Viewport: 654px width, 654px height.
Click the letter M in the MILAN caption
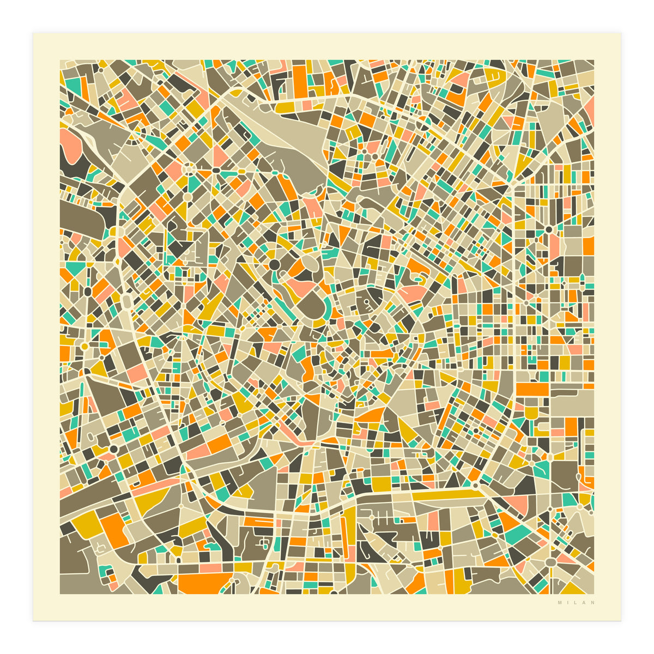pyautogui.click(x=560, y=603)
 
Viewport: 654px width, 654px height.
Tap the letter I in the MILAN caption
pyautogui.click(x=568, y=603)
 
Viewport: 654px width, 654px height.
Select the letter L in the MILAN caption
pyautogui.click(x=576, y=603)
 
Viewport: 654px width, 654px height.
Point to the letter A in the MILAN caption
pyautogui.click(x=584, y=603)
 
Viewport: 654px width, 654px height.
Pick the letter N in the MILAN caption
pyautogui.click(x=592, y=603)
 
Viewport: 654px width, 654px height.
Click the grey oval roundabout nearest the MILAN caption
pyautogui.click(x=551, y=562)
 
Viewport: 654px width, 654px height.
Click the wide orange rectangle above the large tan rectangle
pyautogui.click(x=532, y=389)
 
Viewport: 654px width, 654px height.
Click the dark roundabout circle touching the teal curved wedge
pyautogui.click(x=274, y=265)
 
